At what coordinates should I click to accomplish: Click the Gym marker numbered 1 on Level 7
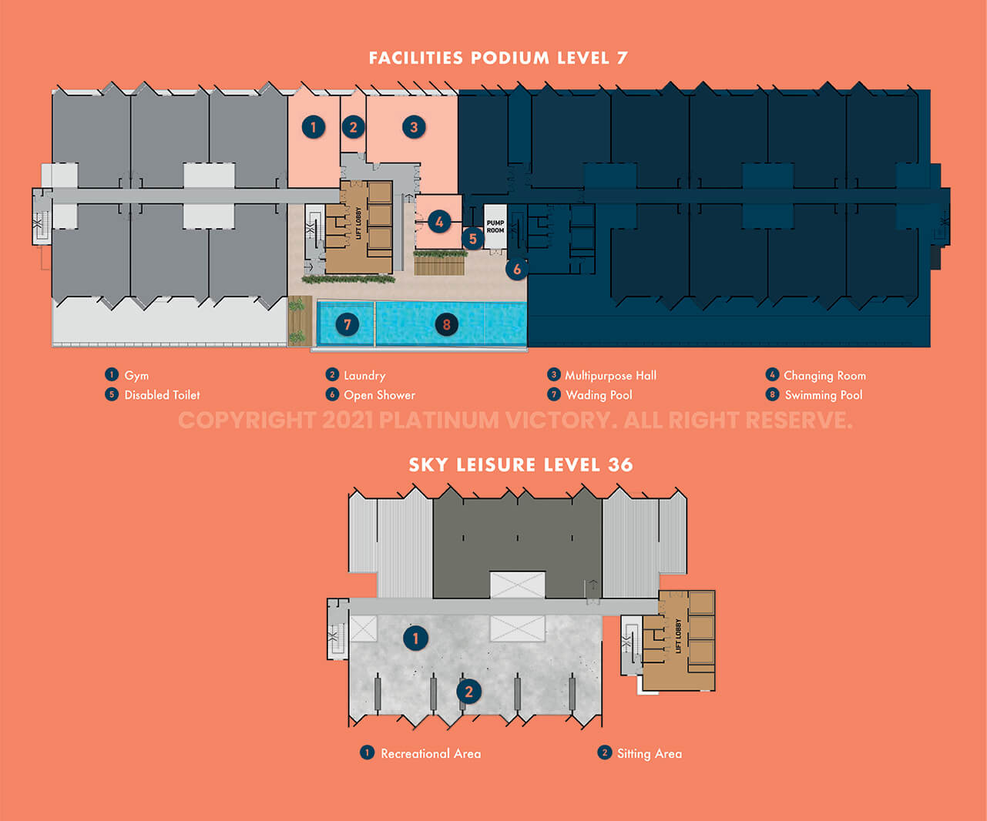coord(313,126)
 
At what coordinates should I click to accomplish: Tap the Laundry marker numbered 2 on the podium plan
coord(353,126)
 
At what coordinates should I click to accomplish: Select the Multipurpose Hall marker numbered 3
coord(414,126)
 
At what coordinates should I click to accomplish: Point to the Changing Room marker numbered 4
coord(439,221)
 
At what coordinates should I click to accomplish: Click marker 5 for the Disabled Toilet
coord(473,240)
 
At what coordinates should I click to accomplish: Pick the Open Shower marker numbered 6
coord(517,269)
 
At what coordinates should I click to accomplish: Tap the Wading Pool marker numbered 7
coord(347,324)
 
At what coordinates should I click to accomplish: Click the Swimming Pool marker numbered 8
coord(446,324)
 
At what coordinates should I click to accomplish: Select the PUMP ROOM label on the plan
coord(495,226)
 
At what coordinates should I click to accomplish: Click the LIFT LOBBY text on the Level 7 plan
coord(358,223)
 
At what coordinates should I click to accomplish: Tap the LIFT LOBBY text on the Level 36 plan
coord(678,635)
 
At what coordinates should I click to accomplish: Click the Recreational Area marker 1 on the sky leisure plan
coord(415,638)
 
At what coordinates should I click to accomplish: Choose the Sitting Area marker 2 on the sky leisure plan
coord(468,692)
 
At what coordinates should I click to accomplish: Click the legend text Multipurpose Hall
coord(611,376)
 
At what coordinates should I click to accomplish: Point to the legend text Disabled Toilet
coord(162,395)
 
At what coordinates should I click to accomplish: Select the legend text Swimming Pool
coord(824,395)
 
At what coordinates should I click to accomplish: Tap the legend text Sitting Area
coord(650,753)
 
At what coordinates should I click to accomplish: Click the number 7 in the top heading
coord(622,58)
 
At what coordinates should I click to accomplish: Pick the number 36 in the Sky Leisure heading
coord(620,464)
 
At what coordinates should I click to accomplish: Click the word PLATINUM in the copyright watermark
coord(438,421)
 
